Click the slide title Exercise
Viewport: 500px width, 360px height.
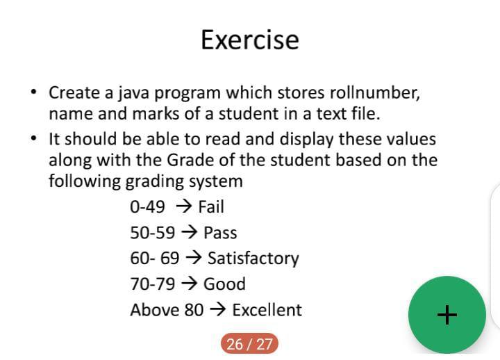pos(250,40)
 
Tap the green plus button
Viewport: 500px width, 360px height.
pos(447,315)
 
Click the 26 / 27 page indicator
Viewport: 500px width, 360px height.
pos(249,344)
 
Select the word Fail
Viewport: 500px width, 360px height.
pos(211,206)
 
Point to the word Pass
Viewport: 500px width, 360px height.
pos(220,232)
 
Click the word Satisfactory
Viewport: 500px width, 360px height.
pos(253,259)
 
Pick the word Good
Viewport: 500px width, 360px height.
pos(224,284)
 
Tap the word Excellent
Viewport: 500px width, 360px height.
pos(267,310)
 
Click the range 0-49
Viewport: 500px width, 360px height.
pos(147,207)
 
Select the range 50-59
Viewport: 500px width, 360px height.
pos(152,233)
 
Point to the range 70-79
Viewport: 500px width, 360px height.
pos(152,284)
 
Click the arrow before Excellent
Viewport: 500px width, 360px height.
pos(218,309)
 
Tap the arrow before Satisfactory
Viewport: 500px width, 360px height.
pos(194,258)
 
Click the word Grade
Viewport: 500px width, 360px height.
pos(190,160)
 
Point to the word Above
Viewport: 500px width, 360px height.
pos(151,310)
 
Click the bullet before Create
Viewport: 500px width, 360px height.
pos(33,92)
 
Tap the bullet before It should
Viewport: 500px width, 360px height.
pos(33,138)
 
